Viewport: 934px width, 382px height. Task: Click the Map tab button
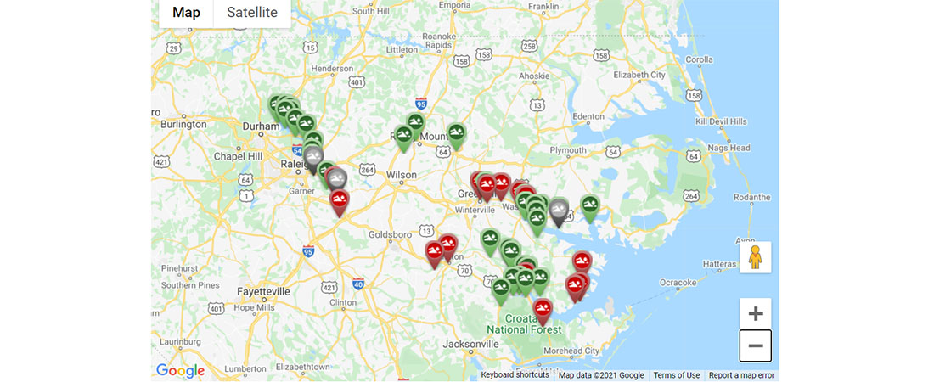186,13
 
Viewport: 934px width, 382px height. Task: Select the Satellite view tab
252,13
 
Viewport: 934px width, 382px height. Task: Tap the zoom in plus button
755,313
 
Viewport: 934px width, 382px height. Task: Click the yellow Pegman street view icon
755,257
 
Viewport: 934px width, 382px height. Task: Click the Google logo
180,370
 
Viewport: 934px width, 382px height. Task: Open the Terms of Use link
677,375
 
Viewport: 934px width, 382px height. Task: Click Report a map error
741,375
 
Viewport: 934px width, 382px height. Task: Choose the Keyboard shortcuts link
515,375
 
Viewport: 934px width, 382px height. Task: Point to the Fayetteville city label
263,291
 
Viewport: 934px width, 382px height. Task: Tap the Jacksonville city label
471,344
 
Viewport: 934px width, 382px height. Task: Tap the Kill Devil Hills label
720,121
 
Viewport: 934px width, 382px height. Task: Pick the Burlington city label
181,124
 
